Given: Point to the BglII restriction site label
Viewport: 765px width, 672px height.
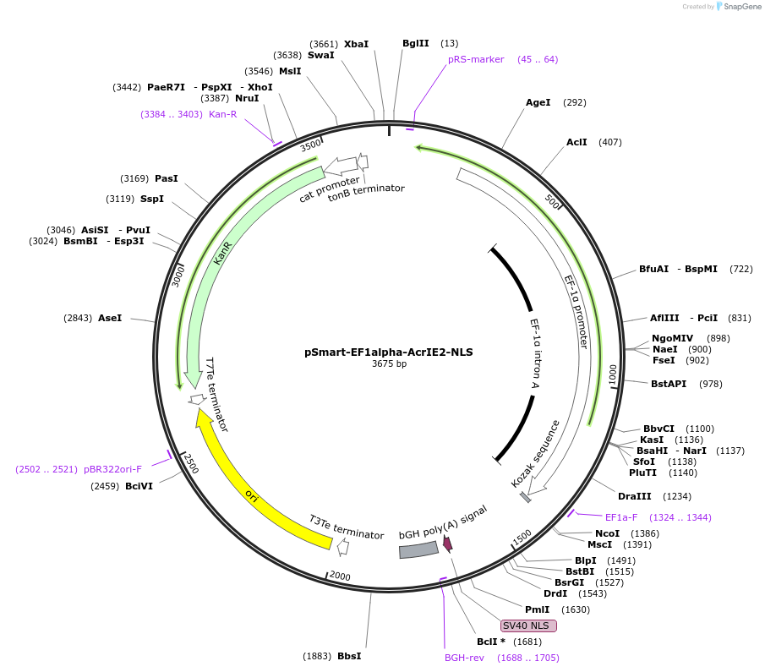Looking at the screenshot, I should pos(415,43).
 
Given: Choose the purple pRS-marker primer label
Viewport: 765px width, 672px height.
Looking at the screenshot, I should pos(476,59).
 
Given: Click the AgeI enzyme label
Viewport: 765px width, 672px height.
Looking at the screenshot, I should pos(538,102).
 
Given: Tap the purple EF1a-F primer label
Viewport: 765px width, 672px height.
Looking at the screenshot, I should pos(622,516).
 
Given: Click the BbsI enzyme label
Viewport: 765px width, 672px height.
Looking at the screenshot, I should pos(349,656).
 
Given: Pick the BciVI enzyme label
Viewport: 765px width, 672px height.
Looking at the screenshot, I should pos(139,486).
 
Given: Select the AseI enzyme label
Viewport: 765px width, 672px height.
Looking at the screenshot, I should pos(110,318).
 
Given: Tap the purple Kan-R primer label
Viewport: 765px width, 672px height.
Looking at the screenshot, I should pos(223,113).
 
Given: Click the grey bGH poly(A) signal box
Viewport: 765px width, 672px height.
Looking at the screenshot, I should pos(418,550).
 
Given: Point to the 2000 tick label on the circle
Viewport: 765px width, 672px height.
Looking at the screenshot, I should pos(339,576).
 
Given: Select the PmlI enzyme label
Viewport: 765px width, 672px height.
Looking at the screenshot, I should pos(538,609).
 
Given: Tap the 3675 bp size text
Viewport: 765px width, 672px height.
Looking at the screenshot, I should pos(389,364).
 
